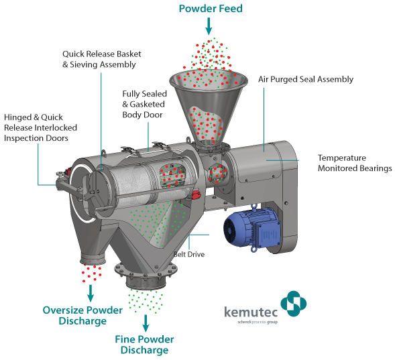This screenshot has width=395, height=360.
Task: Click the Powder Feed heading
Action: [211, 9]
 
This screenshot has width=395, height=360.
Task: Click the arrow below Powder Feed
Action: [209, 26]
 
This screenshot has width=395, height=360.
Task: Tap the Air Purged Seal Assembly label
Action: [306, 79]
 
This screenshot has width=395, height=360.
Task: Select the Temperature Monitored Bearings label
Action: [355, 163]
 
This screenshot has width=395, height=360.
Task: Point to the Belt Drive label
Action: [189, 254]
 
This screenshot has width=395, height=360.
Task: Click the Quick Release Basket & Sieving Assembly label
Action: [102, 59]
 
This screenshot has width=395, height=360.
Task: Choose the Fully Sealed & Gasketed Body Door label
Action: [145, 104]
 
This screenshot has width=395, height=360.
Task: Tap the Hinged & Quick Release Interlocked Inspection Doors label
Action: [40, 127]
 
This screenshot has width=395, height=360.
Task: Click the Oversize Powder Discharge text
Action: [82, 316]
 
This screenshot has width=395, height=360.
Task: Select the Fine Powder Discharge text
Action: [144, 345]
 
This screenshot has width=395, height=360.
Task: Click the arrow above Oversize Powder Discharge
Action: [91, 293]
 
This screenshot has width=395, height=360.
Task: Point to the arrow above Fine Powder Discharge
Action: [146, 323]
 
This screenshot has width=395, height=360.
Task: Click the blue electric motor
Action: [252, 228]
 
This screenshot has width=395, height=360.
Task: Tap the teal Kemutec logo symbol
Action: [294, 304]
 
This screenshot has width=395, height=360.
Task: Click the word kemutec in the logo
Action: [251, 312]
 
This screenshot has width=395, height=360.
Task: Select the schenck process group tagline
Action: [258, 322]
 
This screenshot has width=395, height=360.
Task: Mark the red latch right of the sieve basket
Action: [196, 194]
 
